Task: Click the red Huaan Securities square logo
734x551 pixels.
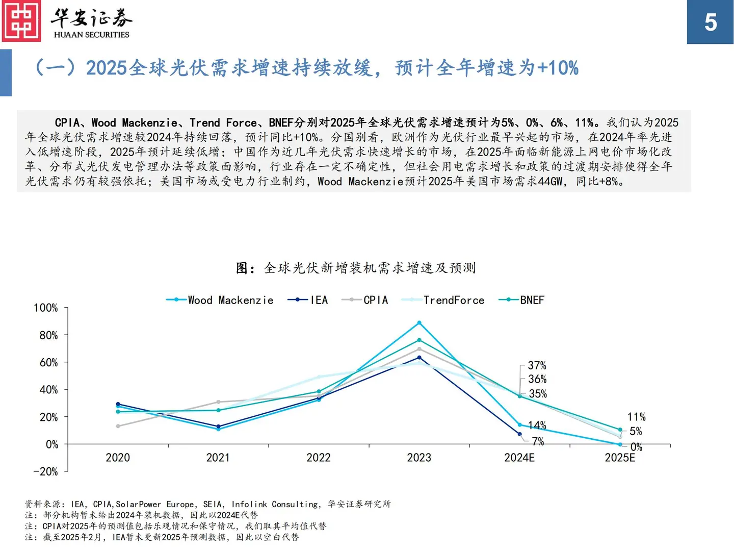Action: pyautogui.click(x=21, y=21)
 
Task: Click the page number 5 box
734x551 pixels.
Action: pyautogui.click(x=710, y=22)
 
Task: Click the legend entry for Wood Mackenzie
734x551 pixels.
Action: pyautogui.click(x=220, y=300)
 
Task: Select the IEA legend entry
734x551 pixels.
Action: pyautogui.click(x=308, y=300)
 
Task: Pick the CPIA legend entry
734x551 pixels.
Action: pyautogui.click(x=365, y=300)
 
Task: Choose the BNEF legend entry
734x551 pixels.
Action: pyautogui.click(x=522, y=300)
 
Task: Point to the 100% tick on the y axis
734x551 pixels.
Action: pyautogui.click(x=45, y=308)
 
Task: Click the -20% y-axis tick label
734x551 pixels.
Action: pyautogui.click(x=45, y=471)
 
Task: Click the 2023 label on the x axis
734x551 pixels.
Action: pyautogui.click(x=419, y=458)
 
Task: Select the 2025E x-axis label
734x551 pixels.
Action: pyautogui.click(x=620, y=458)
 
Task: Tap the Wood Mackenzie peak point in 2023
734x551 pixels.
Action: pyautogui.click(x=420, y=323)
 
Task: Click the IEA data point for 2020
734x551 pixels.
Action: pyautogui.click(x=118, y=404)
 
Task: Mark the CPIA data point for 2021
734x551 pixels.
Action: pyautogui.click(x=218, y=402)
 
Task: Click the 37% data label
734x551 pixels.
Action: pyautogui.click(x=537, y=365)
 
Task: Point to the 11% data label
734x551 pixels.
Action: pyautogui.click(x=636, y=417)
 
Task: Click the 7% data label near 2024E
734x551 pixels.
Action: pyautogui.click(x=538, y=441)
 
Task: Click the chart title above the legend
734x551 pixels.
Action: pyautogui.click(x=356, y=268)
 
